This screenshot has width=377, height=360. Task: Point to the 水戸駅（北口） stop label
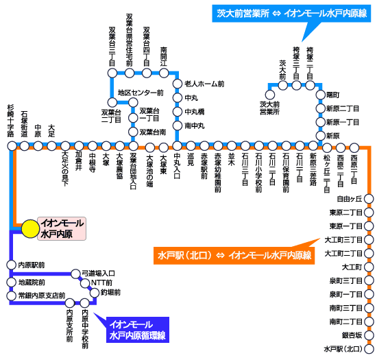[343, 348]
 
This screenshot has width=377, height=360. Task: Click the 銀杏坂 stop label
[350, 334]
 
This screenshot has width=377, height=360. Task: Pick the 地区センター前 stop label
[141, 93]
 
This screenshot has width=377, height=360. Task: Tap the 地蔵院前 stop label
[32, 282]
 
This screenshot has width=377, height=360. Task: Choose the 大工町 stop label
[350, 267]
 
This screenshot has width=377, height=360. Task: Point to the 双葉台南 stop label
[153, 132]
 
